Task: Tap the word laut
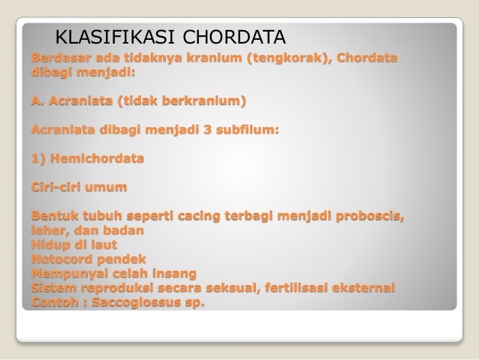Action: pos(106,247)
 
